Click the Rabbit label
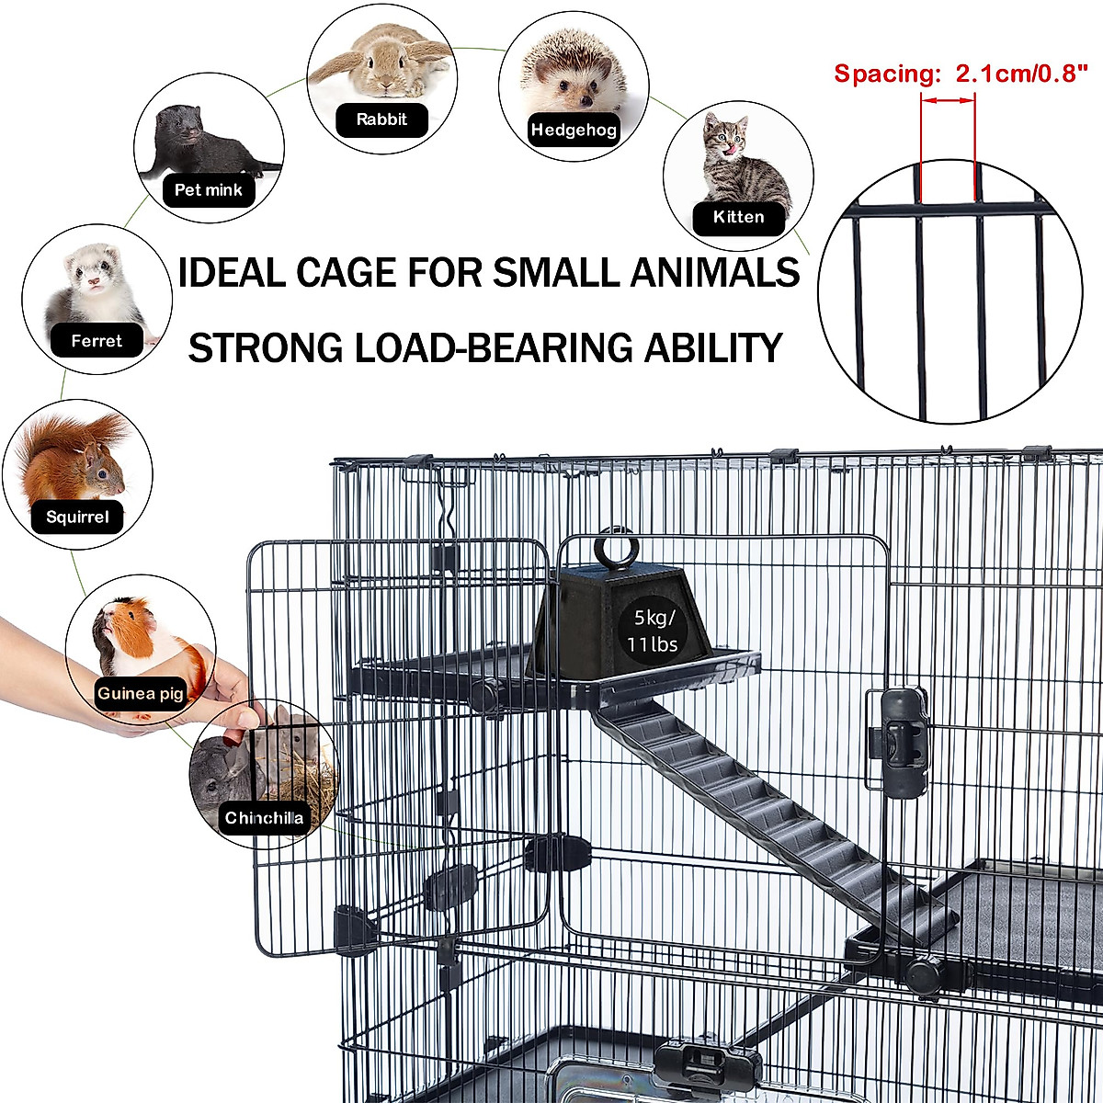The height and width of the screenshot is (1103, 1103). tap(381, 119)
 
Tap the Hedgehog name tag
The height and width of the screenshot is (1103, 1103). tap(574, 130)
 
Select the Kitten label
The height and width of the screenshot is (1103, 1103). tap(738, 218)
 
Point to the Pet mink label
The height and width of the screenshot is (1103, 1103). tap(209, 190)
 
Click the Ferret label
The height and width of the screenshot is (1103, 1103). tap(97, 341)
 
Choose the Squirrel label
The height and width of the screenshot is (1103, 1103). tap(77, 517)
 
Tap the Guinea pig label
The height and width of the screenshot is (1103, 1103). tap(141, 693)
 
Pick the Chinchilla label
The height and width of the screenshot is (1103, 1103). tap(264, 817)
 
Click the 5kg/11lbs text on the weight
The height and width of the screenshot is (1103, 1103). tap(653, 631)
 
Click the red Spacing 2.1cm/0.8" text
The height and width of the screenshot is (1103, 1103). tap(961, 74)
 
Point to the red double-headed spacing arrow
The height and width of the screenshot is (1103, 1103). tap(949, 101)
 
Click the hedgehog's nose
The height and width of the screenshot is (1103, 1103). tap(586, 101)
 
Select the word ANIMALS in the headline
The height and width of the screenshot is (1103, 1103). tap(714, 272)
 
